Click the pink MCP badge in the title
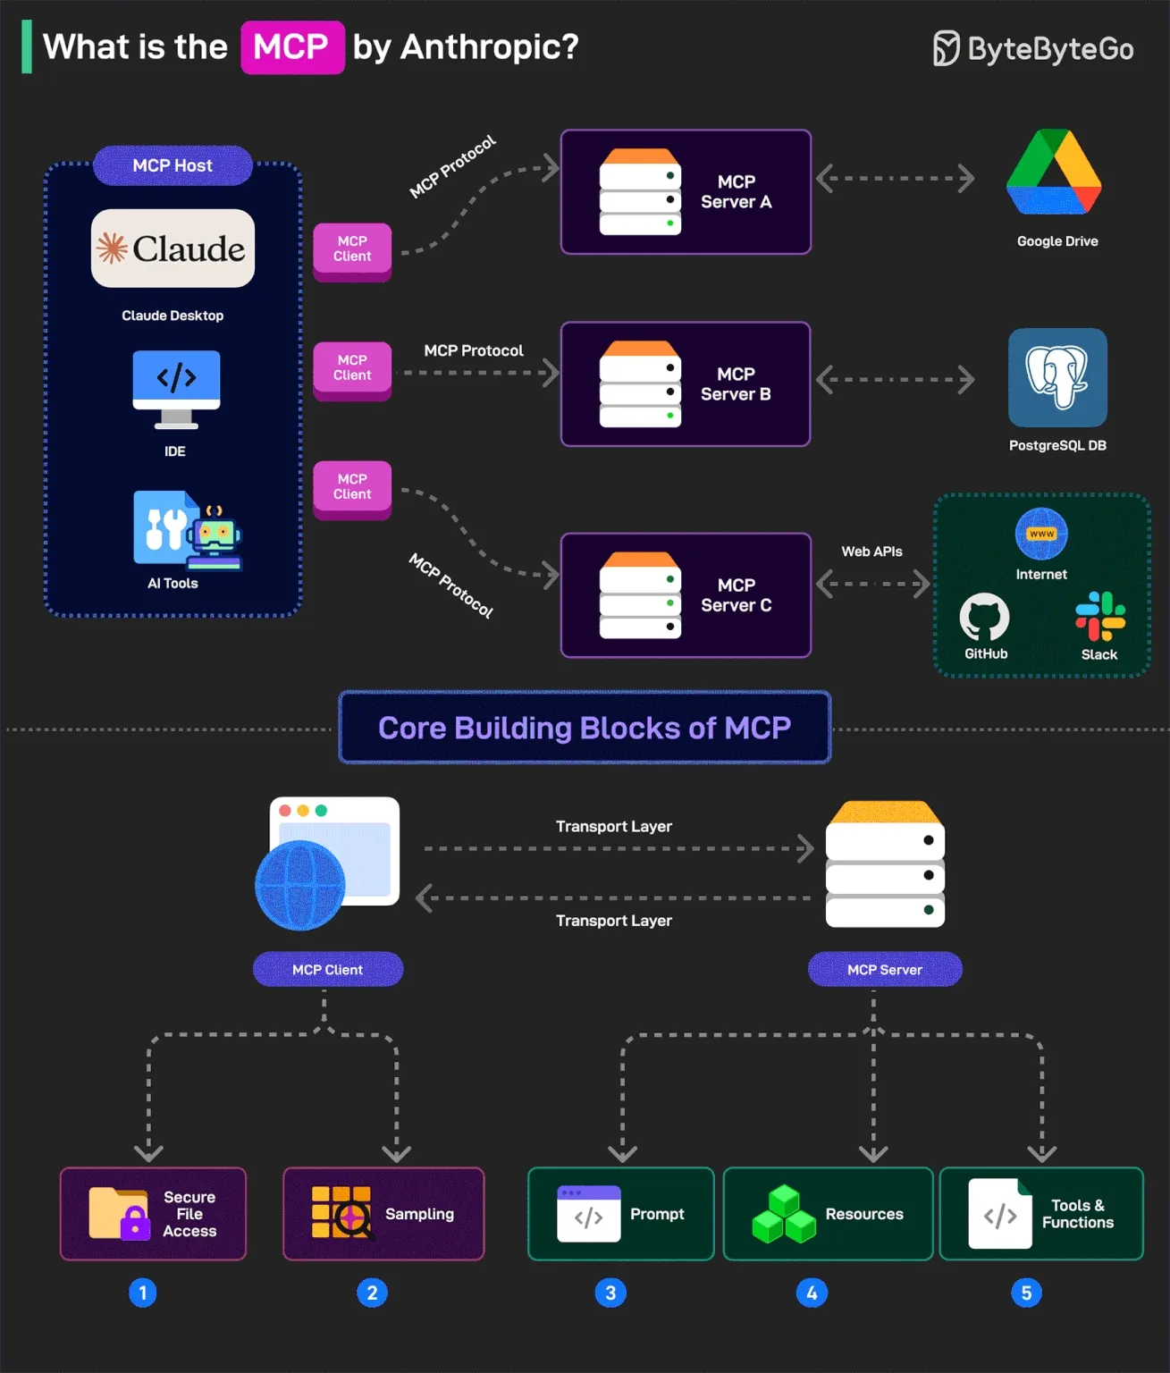(x=292, y=47)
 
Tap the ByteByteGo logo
(x=1033, y=48)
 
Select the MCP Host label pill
(x=173, y=165)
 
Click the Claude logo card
(x=173, y=248)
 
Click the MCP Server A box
(x=686, y=192)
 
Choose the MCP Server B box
(x=686, y=384)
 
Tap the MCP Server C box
(x=686, y=595)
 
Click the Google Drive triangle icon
(x=1055, y=173)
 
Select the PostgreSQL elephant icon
(x=1057, y=377)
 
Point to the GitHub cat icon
(x=984, y=617)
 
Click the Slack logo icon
(x=1100, y=616)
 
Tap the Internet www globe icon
(x=1041, y=534)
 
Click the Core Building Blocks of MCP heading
(x=585, y=728)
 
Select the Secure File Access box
(x=153, y=1214)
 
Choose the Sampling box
(x=383, y=1214)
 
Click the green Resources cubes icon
(x=784, y=1214)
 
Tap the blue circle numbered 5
(x=1026, y=1293)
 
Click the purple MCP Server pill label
(x=885, y=970)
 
